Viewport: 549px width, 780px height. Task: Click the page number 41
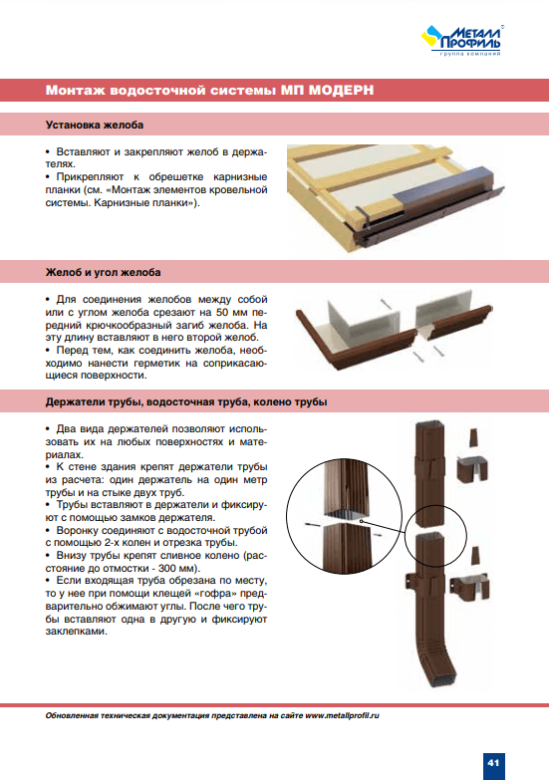point(493,762)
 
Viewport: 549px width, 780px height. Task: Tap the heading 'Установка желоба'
point(95,125)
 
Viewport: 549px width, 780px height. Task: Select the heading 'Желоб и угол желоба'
point(103,272)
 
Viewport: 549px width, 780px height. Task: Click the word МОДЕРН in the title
point(341,90)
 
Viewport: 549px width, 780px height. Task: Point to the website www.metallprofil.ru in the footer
point(342,716)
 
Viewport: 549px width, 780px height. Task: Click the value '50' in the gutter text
point(222,313)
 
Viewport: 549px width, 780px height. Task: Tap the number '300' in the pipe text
point(166,568)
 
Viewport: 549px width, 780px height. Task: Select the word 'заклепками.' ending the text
point(76,632)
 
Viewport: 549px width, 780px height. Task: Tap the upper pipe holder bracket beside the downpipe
point(472,467)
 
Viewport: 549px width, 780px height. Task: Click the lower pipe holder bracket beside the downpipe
point(469,587)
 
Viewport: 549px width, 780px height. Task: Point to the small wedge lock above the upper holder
point(474,437)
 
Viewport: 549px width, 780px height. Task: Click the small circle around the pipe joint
point(435,535)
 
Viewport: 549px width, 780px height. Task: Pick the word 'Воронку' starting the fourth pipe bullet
point(75,530)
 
